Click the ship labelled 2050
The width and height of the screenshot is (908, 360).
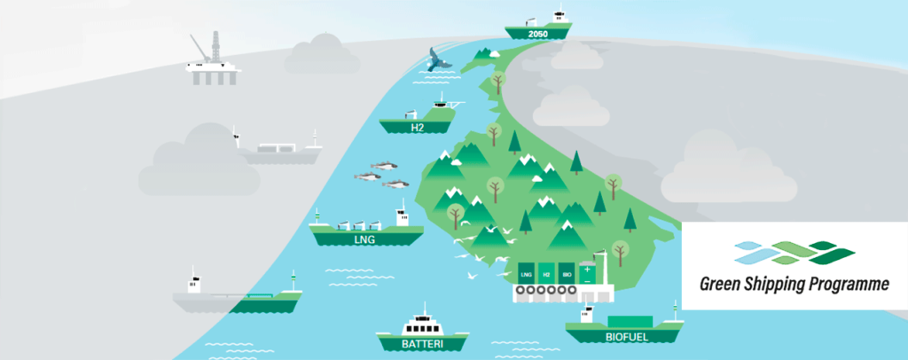pyautogui.click(x=538, y=27)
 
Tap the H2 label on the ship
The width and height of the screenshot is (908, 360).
pyautogui.click(x=417, y=127)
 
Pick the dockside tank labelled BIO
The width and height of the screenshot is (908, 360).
pyautogui.click(x=567, y=271)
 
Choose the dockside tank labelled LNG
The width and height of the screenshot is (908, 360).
pyautogui.click(x=527, y=271)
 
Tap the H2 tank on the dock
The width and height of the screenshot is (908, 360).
pyautogui.click(x=546, y=271)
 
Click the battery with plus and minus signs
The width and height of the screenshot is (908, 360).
pyautogui.click(x=587, y=271)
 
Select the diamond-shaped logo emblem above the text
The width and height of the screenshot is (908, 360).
pyautogui.click(x=794, y=253)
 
